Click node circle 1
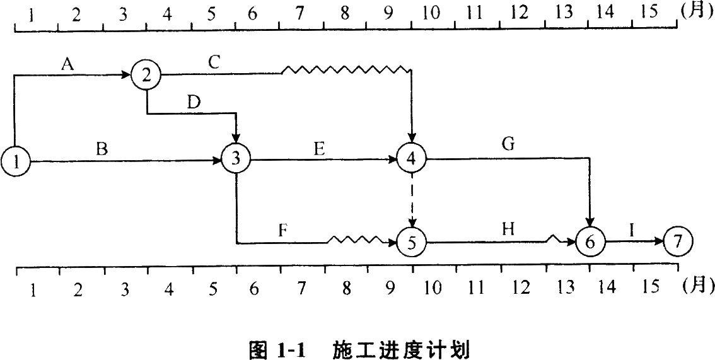point(15,161)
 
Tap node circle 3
point(236,159)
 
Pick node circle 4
point(412,159)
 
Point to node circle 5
point(412,242)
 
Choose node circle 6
point(590,242)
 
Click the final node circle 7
point(678,241)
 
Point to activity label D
point(194,102)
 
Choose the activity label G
point(508,145)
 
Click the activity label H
point(508,229)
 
